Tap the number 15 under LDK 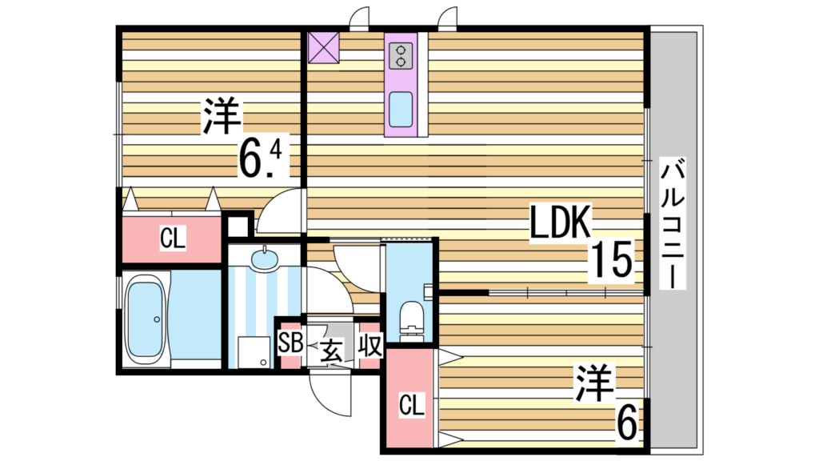click(x=612, y=260)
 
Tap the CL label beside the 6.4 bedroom click(x=171, y=238)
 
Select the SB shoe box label click(x=289, y=346)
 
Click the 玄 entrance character click(x=332, y=349)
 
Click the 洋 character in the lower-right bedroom click(x=593, y=384)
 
